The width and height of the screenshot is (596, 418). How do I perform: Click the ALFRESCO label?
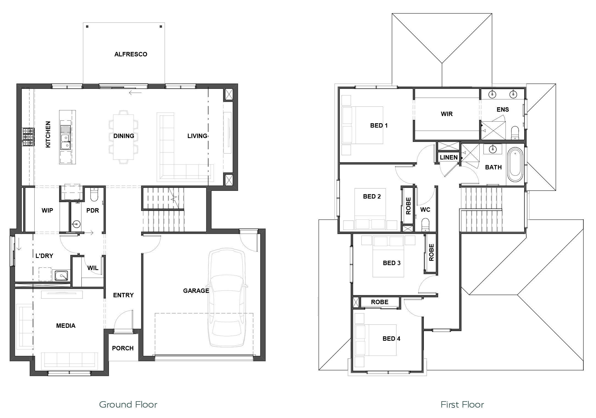131,54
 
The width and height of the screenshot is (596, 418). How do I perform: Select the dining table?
123,137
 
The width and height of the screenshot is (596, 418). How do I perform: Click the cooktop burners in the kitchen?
28,137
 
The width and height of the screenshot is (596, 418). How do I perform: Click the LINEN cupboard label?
449,157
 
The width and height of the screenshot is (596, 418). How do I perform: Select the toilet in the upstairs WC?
425,225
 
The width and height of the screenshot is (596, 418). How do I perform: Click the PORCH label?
123,348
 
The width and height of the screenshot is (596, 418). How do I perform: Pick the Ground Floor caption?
128,405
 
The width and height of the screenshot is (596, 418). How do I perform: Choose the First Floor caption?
462,405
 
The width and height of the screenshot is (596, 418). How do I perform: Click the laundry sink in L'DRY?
61,276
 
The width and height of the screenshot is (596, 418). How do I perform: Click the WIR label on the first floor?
447,114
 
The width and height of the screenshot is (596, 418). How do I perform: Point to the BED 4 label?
391,339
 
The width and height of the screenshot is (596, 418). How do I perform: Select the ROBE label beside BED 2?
408,206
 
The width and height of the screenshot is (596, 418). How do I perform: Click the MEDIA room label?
66,326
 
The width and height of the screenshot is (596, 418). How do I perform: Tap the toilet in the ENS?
515,133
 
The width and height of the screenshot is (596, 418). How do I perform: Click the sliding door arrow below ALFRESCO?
135,93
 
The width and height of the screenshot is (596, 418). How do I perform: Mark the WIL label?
93,268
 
